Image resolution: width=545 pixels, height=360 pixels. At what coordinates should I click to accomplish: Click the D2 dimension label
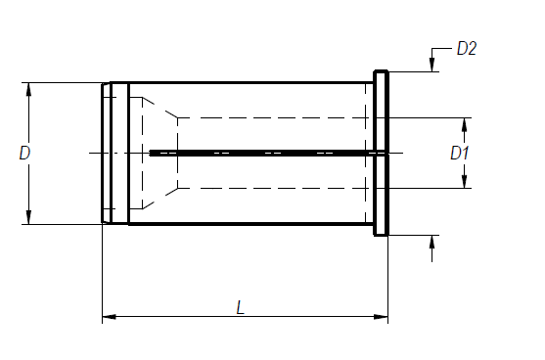click(467, 48)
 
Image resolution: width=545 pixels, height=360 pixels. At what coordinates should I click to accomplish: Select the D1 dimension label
click(460, 153)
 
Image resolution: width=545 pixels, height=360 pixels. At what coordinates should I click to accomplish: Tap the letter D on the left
click(24, 153)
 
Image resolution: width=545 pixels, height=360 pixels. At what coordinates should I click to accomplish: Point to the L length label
click(240, 308)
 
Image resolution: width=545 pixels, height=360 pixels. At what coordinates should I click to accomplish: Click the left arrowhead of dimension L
click(109, 317)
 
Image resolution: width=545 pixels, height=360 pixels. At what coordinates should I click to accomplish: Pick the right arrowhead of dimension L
click(381, 317)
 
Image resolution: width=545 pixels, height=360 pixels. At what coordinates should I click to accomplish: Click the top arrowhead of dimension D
click(28, 90)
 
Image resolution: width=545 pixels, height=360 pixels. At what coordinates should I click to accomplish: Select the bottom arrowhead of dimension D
click(28, 217)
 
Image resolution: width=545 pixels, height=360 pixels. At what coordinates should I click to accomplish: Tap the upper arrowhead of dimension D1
click(464, 125)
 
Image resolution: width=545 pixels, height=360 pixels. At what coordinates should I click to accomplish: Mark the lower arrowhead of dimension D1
click(464, 181)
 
